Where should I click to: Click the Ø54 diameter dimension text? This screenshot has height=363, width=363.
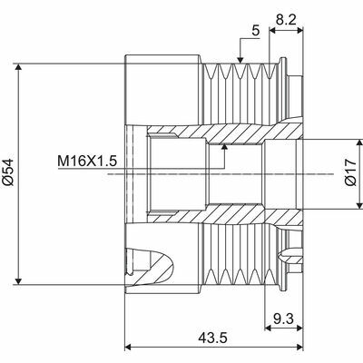(x=9, y=173)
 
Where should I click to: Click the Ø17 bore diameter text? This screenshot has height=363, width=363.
(x=351, y=172)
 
